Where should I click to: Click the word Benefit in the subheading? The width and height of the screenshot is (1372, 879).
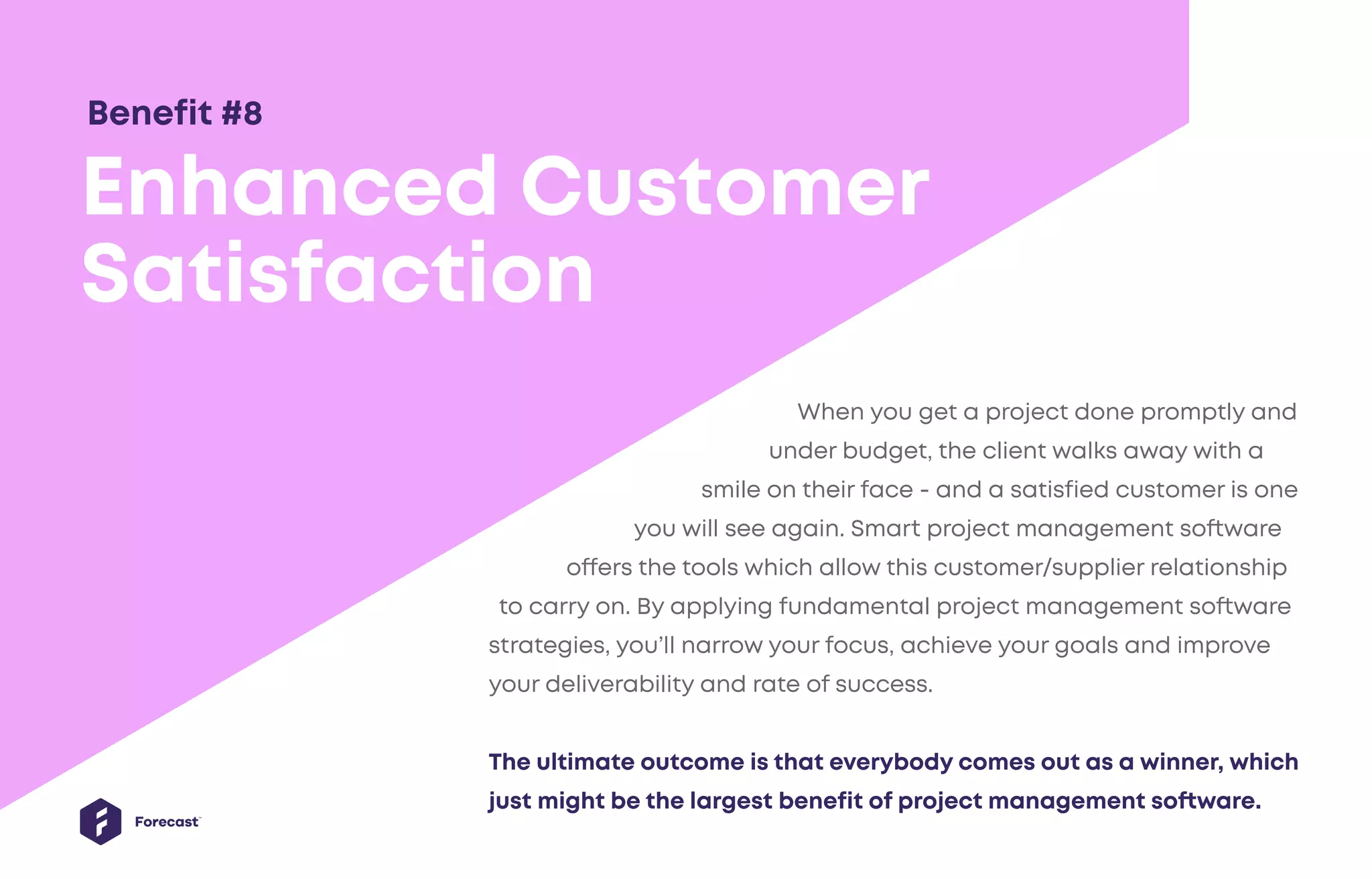tap(149, 113)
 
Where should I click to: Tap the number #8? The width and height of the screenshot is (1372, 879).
tap(242, 113)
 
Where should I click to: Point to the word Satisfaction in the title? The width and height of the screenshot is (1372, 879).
tap(338, 274)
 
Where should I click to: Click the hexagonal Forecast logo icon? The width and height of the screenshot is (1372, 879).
tap(100, 821)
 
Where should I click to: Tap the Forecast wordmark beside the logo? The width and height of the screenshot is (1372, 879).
tap(166, 822)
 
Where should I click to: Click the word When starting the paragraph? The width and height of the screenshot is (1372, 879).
tap(830, 411)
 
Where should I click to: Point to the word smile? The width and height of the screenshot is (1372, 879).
tap(730, 489)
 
